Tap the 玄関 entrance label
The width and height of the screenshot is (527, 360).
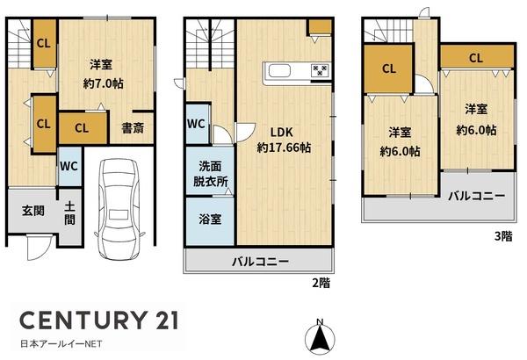point(33,212)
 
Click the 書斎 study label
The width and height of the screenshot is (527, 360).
point(134,128)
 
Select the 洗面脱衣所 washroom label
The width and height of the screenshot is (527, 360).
point(211,173)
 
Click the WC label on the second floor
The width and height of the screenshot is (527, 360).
point(197,124)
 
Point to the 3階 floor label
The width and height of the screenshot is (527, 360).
point(502,235)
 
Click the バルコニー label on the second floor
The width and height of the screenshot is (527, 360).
point(260,261)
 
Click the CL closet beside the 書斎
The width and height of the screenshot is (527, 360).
point(81,127)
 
